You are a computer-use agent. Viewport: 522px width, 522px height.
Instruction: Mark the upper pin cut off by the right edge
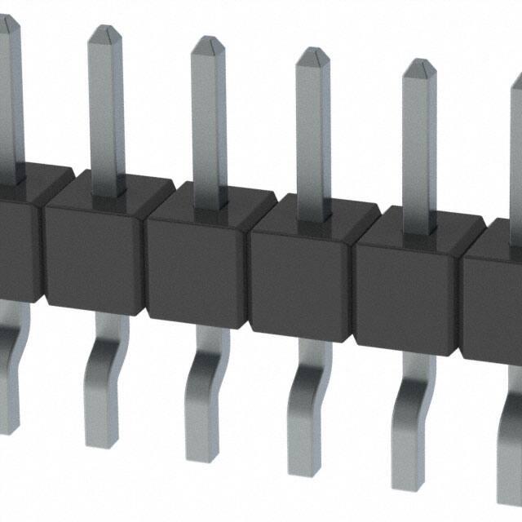(516, 122)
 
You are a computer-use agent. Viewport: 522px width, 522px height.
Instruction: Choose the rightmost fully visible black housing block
(406, 281)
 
